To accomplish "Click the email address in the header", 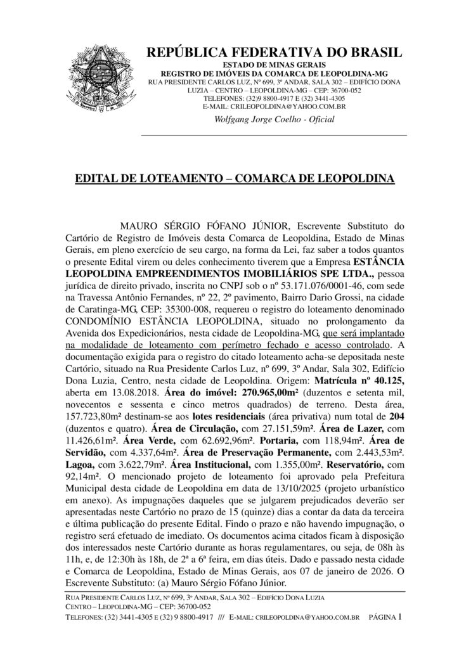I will click(x=283, y=107).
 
